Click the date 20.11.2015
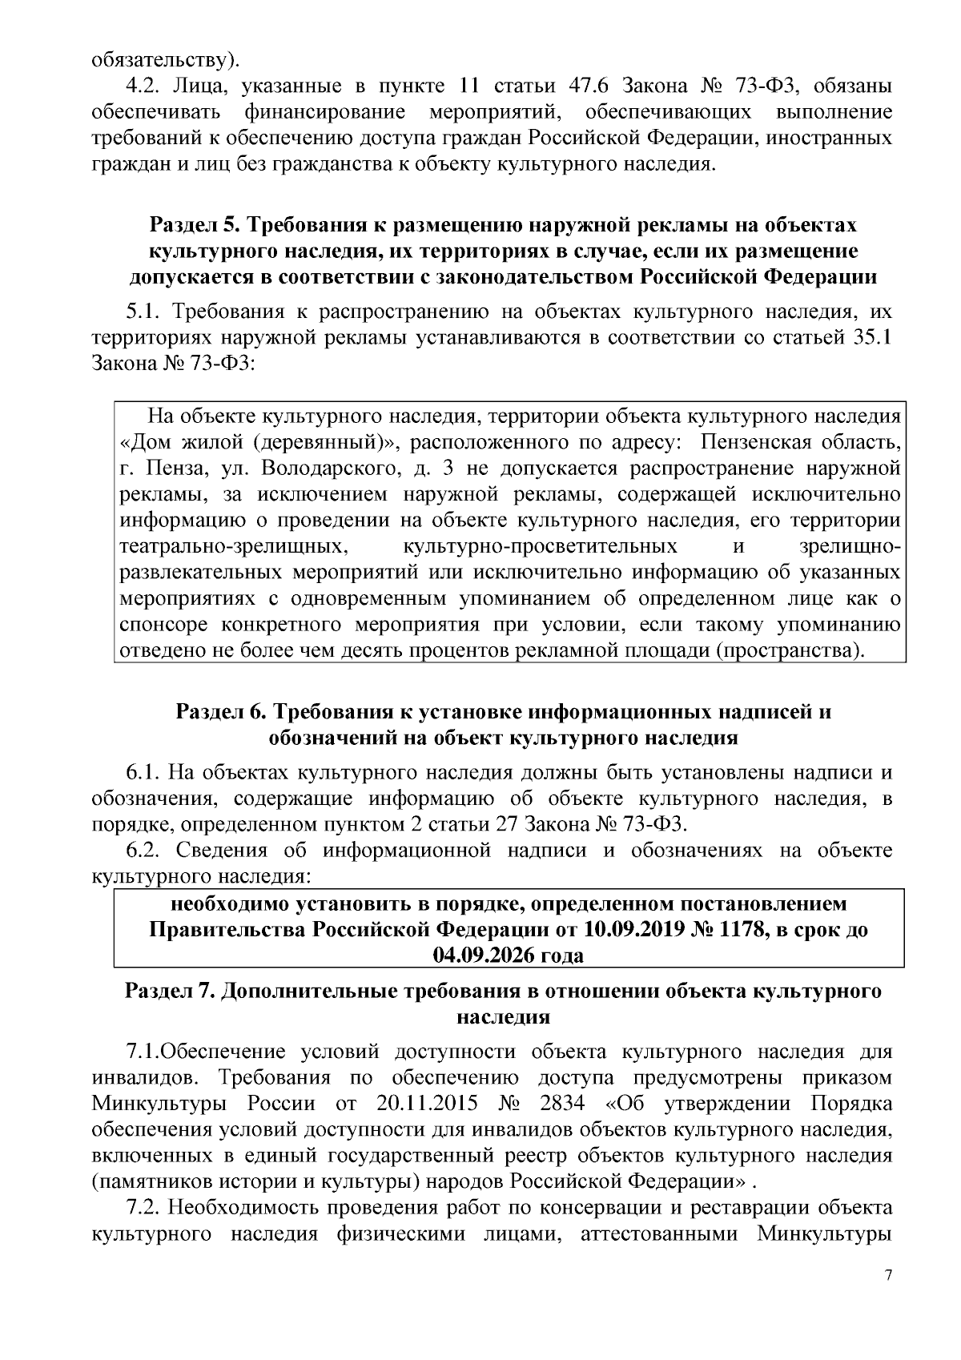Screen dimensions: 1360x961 pos(425,1103)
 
